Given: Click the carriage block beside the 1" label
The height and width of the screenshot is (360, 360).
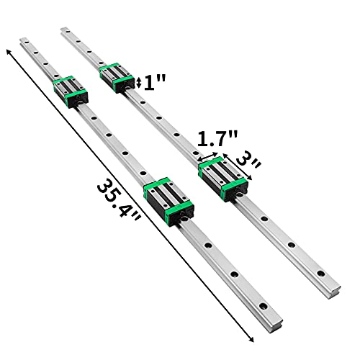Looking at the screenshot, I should pos(116,78).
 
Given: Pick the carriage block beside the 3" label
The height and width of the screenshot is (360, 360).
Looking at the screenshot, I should pos(222,179).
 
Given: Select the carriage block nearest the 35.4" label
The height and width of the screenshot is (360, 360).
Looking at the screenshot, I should pos(168,199).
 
